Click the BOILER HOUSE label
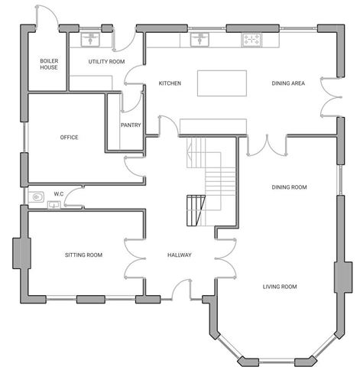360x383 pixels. point(49,63)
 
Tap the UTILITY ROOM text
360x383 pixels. point(106,60)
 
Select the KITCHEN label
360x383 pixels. point(169,83)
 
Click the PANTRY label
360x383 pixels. point(130,125)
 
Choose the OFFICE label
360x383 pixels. point(69,138)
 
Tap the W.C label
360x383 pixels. point(58,194)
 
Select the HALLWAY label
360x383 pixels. point(180,255)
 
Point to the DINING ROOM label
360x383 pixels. point(289,187)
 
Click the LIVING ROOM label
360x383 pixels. point(280,287)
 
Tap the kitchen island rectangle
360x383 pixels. point(222,83)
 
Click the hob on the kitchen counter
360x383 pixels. point(251,38)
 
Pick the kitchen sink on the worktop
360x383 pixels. point(199,38)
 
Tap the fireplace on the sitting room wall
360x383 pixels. point(18,255)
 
